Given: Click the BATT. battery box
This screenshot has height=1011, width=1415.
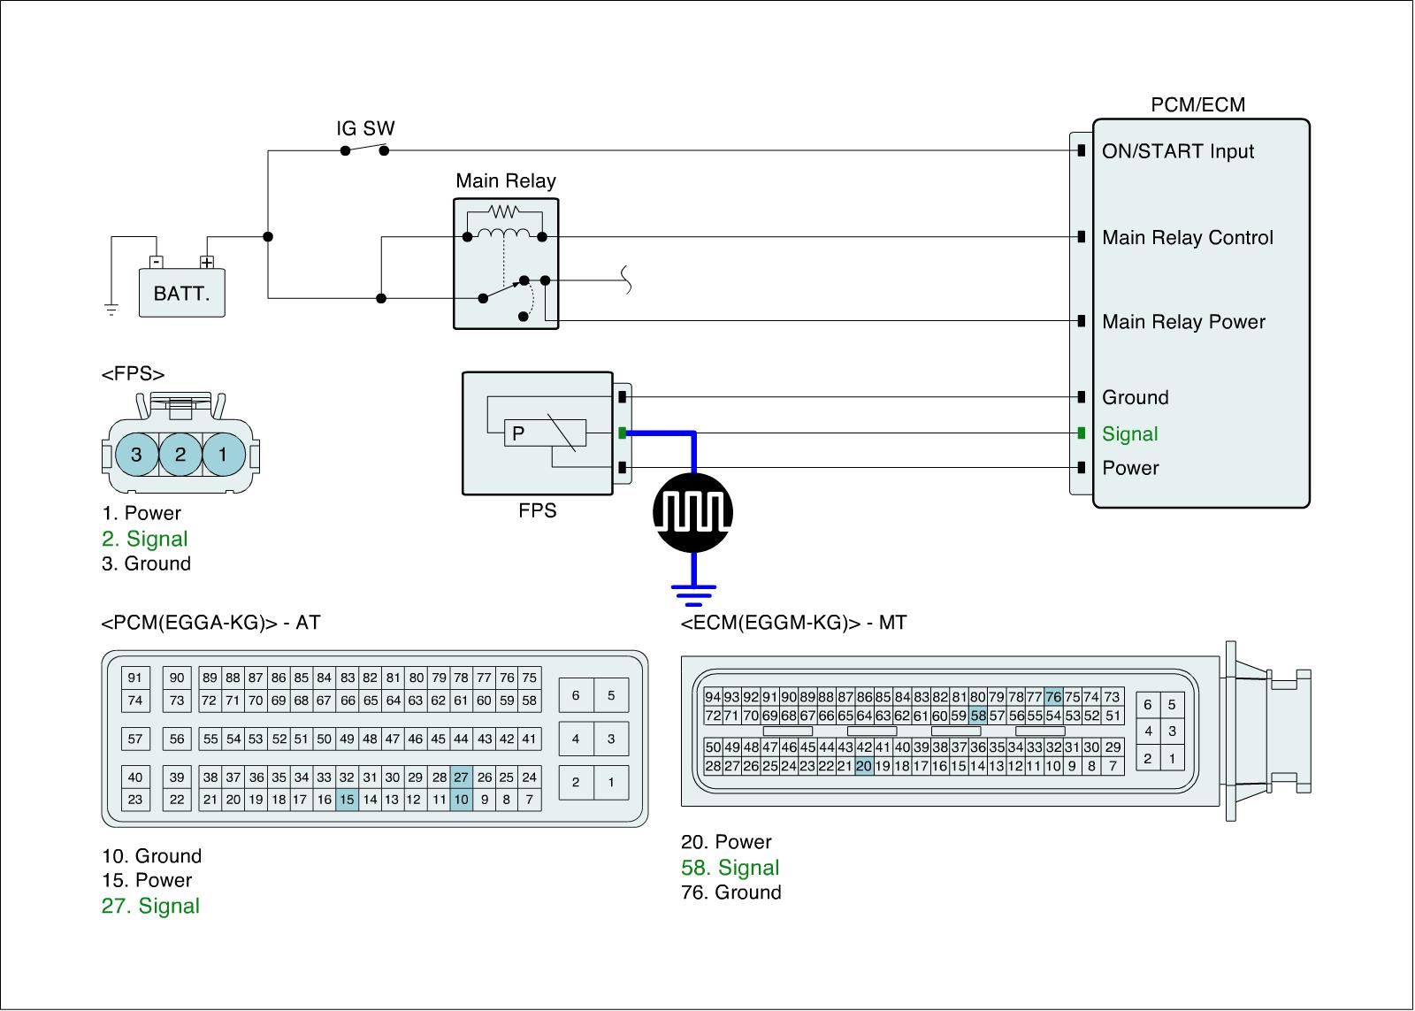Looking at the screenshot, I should click(181, 293).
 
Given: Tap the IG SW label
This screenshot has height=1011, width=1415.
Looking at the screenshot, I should click(365, 128).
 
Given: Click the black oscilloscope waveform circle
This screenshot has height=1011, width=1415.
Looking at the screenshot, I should click(692, 511).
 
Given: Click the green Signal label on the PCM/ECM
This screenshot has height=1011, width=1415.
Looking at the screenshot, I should click(1129, 434).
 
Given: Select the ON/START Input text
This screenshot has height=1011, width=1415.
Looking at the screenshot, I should click(1177, 151).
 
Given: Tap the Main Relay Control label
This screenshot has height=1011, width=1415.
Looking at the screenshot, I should click(1187, 238).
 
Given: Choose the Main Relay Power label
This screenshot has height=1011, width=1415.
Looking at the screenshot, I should click(1183, 322).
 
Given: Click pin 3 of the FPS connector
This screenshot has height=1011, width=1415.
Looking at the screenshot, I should click(136, 455).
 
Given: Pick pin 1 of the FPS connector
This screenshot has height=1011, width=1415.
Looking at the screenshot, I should click(223, 455).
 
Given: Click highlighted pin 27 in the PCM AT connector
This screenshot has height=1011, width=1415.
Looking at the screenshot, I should click(461, 777).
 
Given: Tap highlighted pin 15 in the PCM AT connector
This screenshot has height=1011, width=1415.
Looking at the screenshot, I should click(347, 800).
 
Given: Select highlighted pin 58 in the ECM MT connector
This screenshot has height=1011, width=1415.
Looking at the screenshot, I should click(977, 716).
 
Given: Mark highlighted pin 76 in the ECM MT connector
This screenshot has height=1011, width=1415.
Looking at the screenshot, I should click(1052, 696).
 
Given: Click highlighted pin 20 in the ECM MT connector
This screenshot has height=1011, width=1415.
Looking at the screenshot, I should click(864, 767).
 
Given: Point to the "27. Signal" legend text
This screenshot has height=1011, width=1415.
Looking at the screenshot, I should click(150, 906).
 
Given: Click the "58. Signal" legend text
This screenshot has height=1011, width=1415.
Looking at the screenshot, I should click(730, 868).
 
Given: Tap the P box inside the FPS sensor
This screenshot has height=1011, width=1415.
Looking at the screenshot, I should click(518, 433).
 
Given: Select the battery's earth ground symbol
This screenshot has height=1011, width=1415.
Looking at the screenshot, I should click(111, 309).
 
